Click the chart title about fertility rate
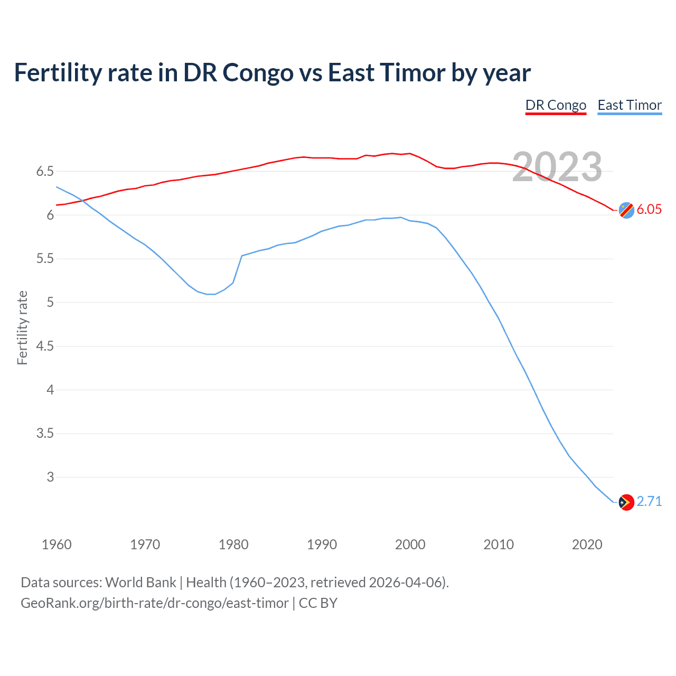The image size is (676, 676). [272, 73]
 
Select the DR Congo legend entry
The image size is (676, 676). [556, 105]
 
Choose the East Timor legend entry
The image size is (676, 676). [630, 105]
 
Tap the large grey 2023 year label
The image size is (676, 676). [557, 167]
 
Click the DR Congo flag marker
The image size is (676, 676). [626, 210]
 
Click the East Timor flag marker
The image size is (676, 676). [626, 502]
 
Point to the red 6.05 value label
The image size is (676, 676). [649, 209]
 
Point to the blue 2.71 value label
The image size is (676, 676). [649, 501]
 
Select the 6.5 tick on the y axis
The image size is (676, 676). [45, 172]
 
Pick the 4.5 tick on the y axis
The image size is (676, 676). [45, 346]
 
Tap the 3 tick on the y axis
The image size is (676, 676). [50, 477]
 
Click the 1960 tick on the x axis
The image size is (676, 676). [57, 544]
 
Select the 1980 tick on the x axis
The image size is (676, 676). [233, 544]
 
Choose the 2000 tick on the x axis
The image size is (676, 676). [410, 544]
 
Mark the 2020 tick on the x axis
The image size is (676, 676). [587, 544]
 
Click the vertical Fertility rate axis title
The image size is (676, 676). [22, 327]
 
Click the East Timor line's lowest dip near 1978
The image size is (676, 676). [211, 294]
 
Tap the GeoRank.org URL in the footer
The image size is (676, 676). [154, 603]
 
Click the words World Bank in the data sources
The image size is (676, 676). [140, 583]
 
